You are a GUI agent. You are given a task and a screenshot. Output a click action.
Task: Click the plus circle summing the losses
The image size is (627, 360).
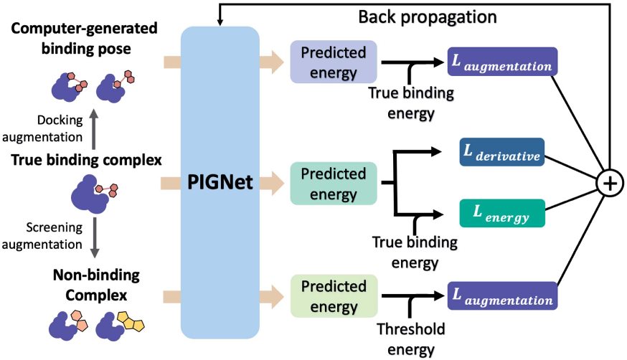[609, 184]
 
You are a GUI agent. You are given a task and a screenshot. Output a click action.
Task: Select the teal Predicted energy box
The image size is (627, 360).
[333, 183]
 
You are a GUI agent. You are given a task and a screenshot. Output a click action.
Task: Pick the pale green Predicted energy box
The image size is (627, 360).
[333, 295]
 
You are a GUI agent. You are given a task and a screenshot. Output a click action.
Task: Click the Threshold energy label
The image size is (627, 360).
[410, 339]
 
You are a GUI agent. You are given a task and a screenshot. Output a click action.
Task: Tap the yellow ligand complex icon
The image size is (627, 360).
[121, 325]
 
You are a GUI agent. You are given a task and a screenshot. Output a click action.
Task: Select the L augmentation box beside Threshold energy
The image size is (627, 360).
[502, 295]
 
